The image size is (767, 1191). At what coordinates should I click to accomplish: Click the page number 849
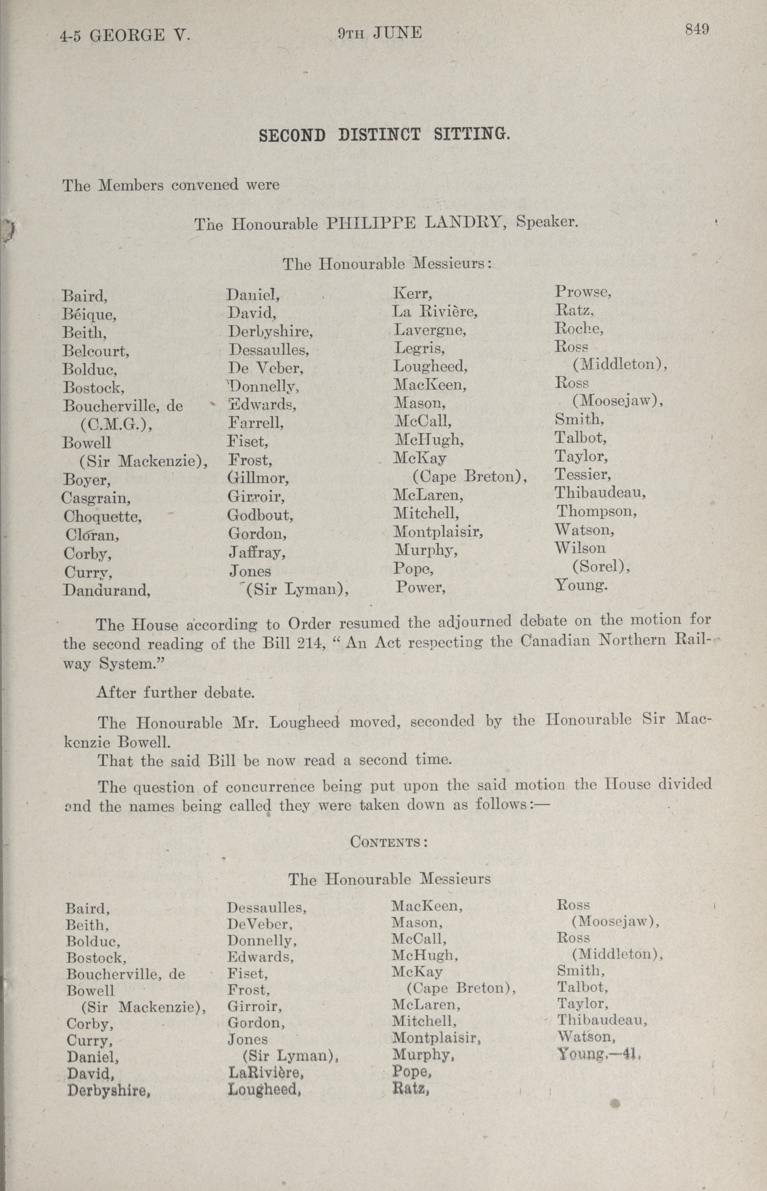tap(696, 30)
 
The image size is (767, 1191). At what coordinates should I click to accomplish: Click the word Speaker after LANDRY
tap(547, 221)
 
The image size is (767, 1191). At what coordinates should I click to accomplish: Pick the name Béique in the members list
tap(89, 315)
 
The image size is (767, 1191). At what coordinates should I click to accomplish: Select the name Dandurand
tap(107, 590)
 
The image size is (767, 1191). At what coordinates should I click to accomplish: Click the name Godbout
tap(260, 515)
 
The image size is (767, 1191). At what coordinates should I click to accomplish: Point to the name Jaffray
tap(257, 552)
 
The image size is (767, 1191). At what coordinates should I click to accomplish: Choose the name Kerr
tap(412, 293)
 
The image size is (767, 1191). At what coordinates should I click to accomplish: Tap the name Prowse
tap(583, 292)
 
